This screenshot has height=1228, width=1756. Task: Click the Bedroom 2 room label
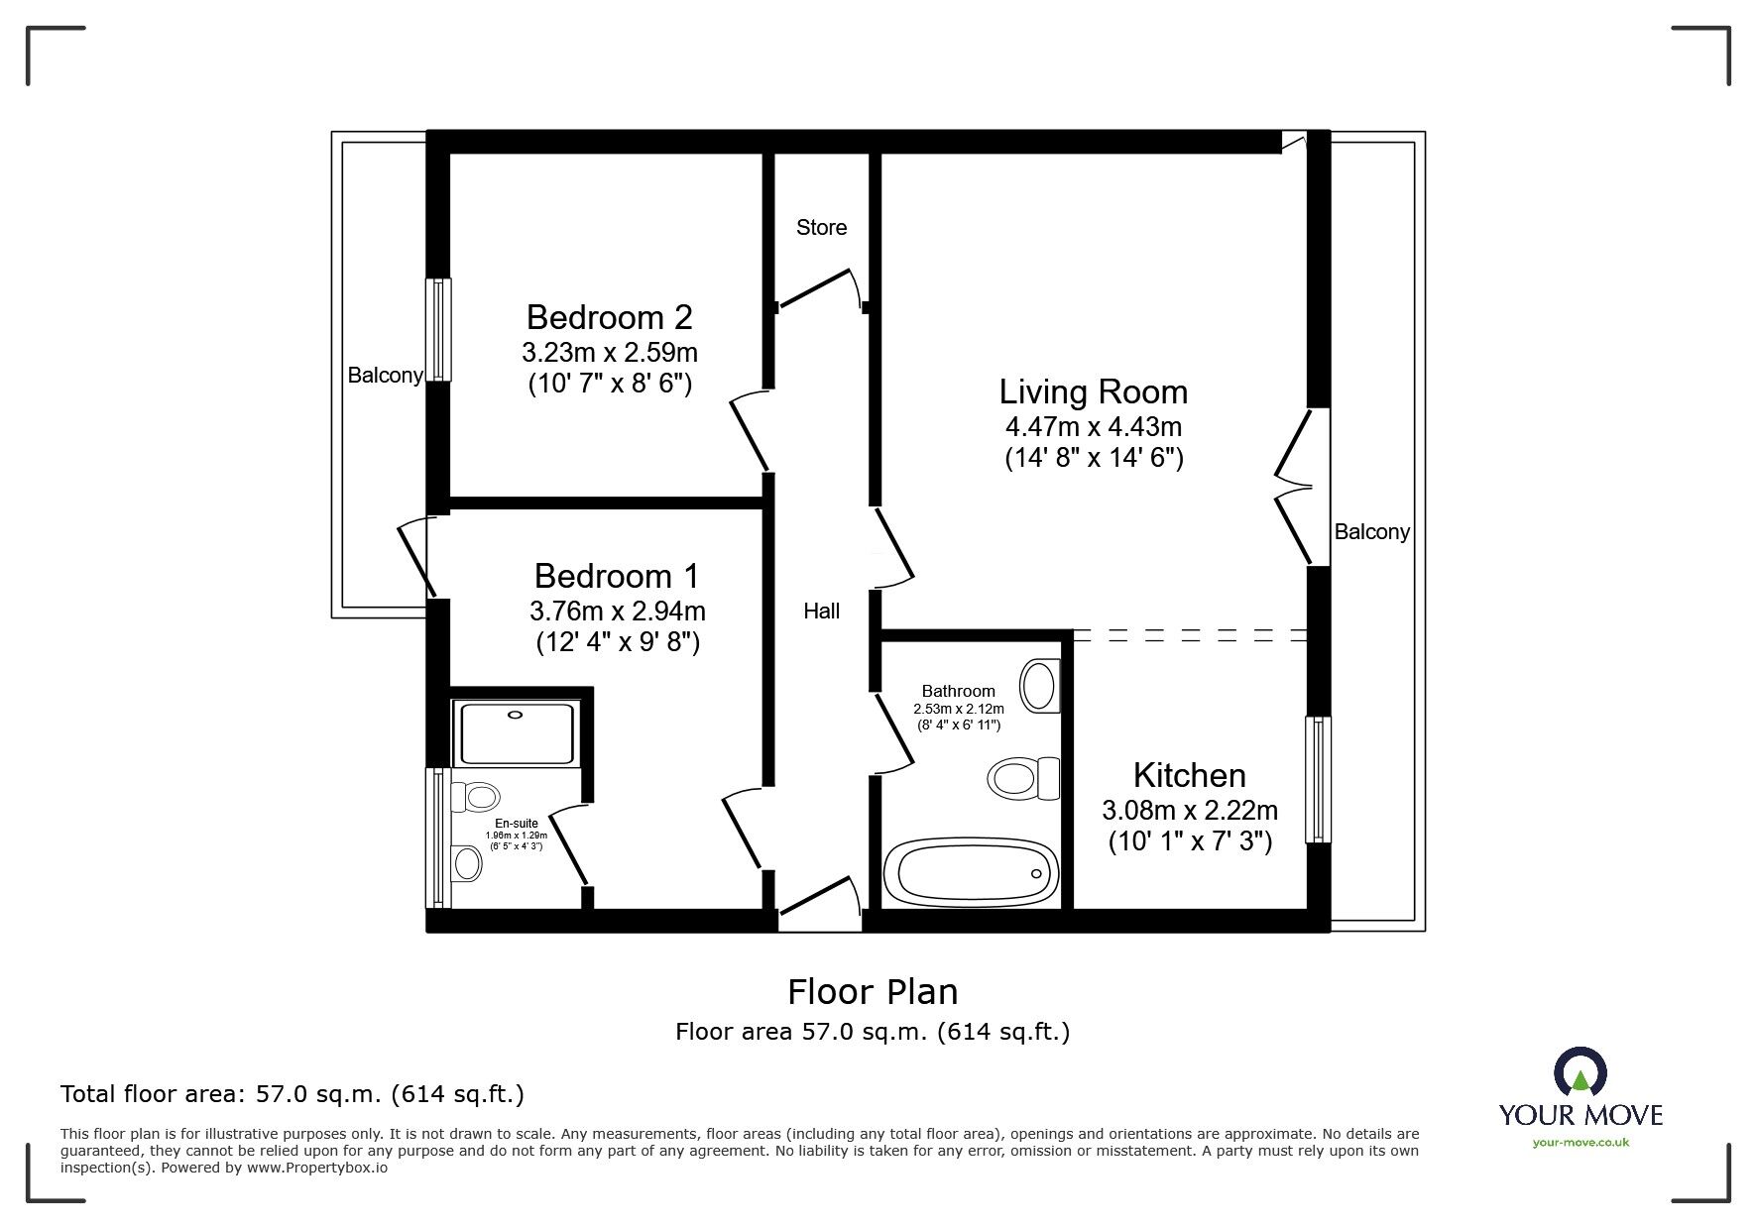pos(609,317)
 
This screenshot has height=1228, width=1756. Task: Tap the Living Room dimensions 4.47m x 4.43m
pos(1093,427)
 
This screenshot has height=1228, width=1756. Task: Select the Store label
pos(821,228)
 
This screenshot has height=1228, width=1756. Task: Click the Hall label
pos(821,612)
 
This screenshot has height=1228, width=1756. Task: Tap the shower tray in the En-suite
pos(515,733)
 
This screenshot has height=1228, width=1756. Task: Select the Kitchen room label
pos(1189,775)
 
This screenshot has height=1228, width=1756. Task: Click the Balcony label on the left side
pos(385,376)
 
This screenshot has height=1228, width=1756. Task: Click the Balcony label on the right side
pos(1371,532)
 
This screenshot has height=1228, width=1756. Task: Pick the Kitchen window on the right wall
pos(1318,780)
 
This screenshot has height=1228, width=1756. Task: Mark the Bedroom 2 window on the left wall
pos(438,329)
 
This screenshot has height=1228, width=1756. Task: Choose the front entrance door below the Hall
pos(820,903)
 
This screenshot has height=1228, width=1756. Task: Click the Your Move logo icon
pos(1580,1073)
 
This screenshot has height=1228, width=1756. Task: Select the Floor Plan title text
pos(873,991)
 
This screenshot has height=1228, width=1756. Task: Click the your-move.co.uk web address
pos(1580,1143)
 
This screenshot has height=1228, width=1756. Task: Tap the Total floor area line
pos(293,1094)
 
